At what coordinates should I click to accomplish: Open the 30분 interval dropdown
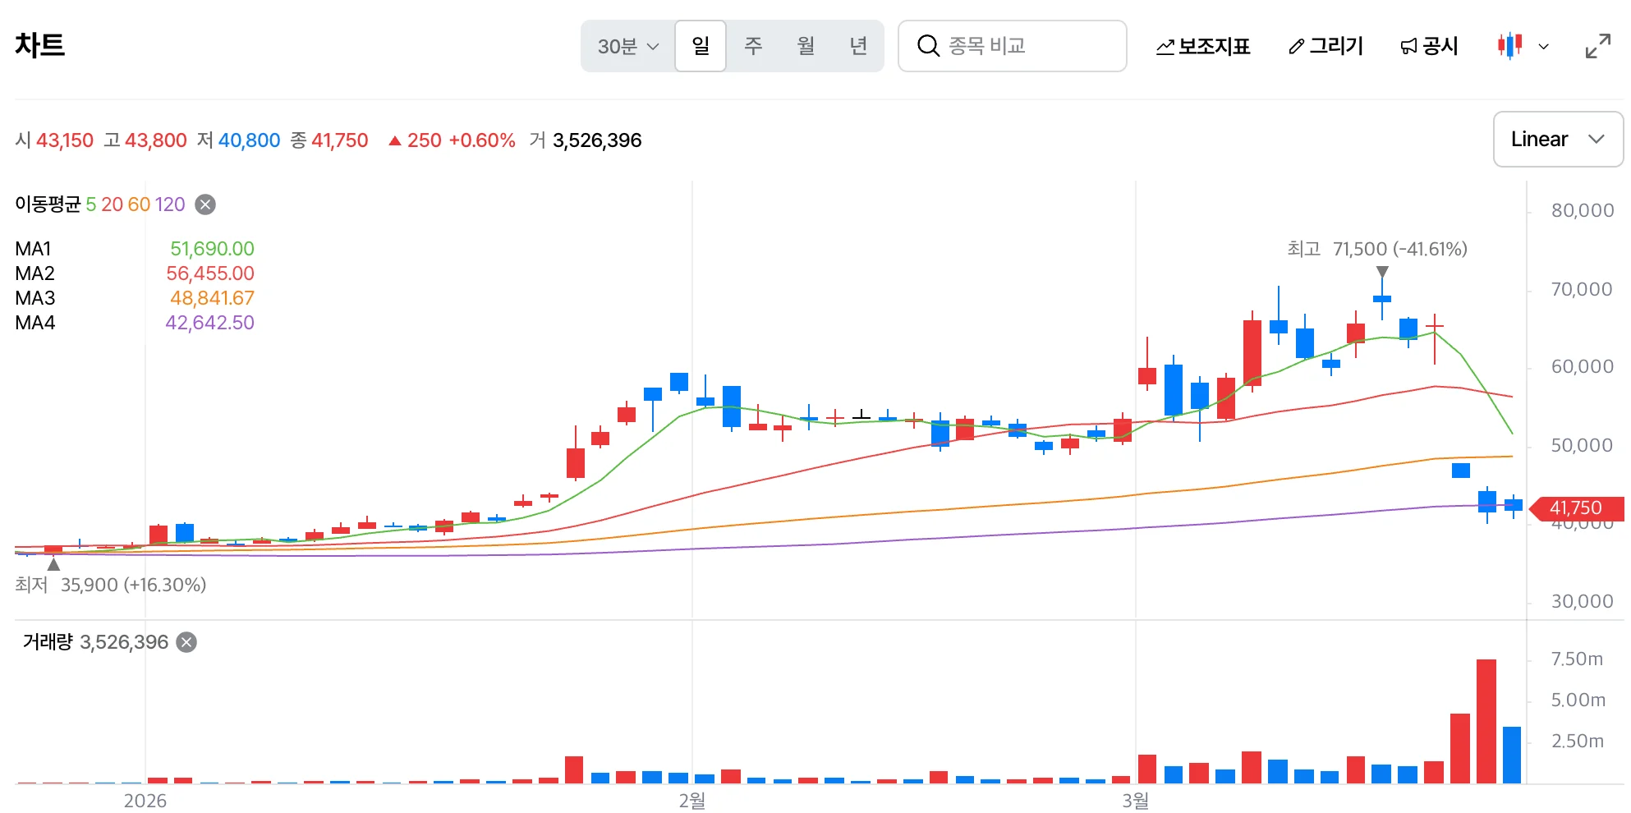click(628, 46)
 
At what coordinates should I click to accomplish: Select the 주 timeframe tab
click(753, 46)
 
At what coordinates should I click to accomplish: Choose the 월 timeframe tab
click(806, 46)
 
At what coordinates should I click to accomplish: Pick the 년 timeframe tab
click(858, 46)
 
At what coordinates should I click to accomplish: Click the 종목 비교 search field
click(1012, 46)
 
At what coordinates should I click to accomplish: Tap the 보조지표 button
click(1203, 46)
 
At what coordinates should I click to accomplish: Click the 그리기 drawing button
click(1325, 46)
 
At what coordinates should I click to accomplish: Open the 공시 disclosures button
click(1429, 46)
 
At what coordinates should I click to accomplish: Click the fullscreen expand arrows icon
click(1597, 46)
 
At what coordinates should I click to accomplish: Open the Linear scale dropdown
click(1558, 140)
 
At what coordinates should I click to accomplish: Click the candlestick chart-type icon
click(1509, 46)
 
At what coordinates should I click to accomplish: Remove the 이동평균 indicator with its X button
click(205, 204)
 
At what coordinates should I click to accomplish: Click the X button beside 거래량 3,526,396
click(187, 642)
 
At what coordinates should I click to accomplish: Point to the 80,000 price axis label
click(1582, 210)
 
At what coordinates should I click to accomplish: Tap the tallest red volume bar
click(1486, 721)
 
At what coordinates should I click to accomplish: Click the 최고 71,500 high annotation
click(1377, 249)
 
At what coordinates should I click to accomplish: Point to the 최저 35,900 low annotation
click(111, 585)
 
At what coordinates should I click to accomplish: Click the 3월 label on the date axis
click(1136, 801)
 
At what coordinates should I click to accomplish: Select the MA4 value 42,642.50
click(209, 323)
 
